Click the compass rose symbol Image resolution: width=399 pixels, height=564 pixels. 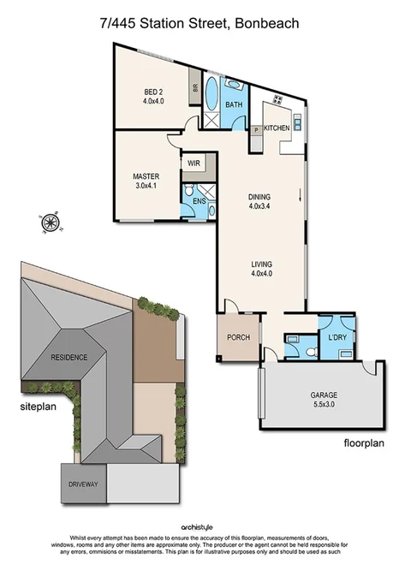coord(49,224)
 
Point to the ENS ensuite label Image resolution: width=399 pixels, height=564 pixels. coord(198,201)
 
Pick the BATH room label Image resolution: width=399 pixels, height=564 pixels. coord(233,105)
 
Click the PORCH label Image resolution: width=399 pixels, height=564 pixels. coord(238,337)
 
